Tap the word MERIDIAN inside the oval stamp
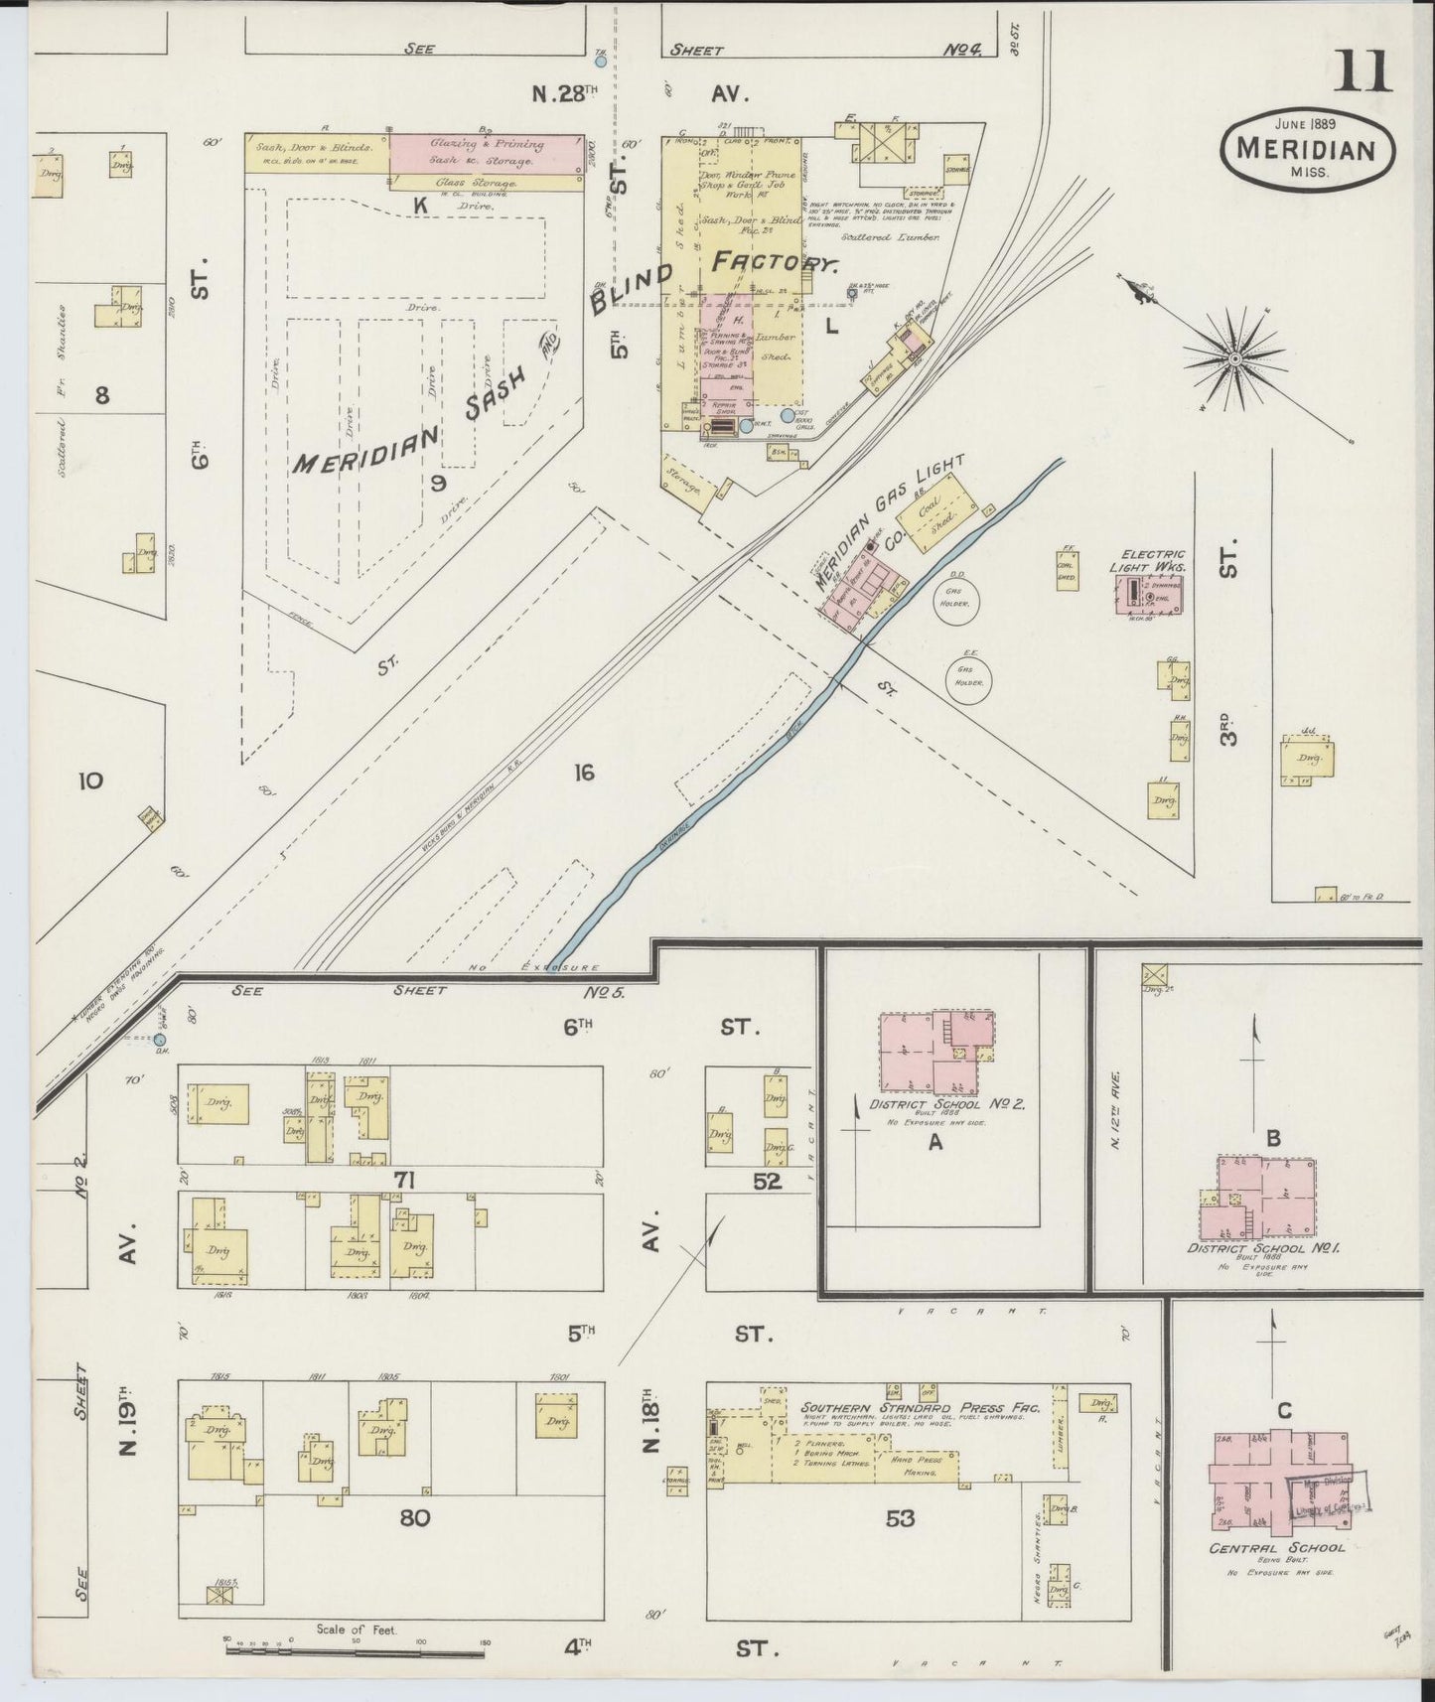click(1306, 150)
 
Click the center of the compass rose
click(1234, 357)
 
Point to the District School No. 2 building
click(934, 1053)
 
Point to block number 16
click(584, 772)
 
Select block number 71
click(403, 1181)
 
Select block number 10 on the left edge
click(89, 780)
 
